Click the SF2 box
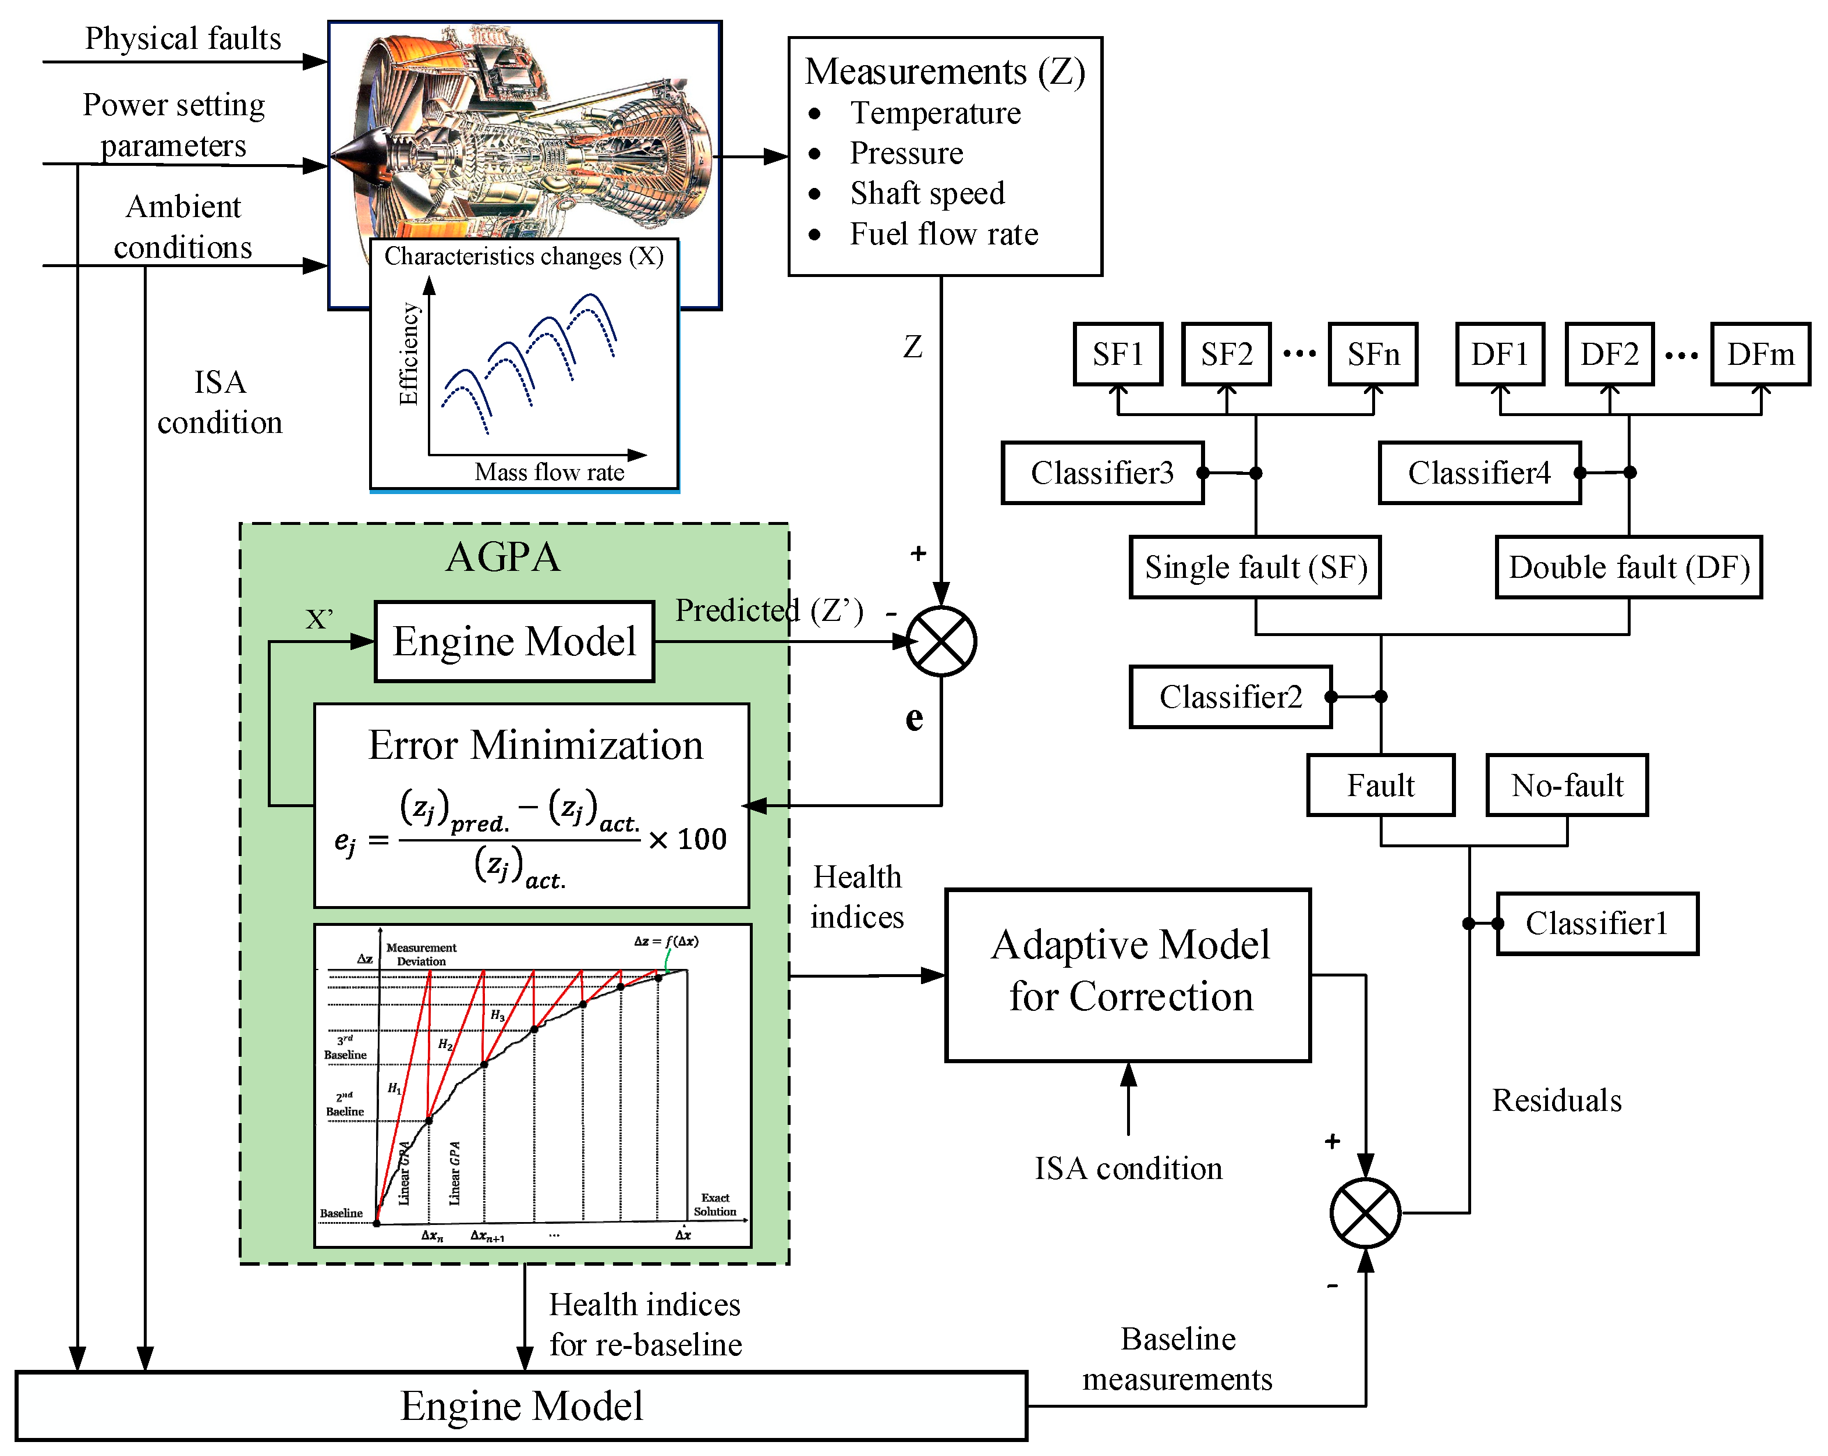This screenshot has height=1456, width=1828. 1226,354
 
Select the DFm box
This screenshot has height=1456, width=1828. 1760,354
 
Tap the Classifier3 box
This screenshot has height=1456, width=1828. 1102,473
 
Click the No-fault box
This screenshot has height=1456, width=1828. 1567,786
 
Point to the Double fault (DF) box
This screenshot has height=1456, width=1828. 1629,567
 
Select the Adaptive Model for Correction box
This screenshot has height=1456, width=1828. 1128,975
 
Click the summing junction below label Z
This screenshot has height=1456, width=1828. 941,641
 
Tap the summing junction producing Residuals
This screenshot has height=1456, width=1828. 1365,1213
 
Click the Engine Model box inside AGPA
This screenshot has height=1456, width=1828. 514,641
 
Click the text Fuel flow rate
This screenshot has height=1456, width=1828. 944,234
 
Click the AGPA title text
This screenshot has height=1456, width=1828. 503,557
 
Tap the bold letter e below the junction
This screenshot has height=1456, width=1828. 914,719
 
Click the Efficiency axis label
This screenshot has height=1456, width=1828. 409,354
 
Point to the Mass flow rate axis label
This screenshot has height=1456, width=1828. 550,472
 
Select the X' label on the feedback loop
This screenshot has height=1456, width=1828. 319,620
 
